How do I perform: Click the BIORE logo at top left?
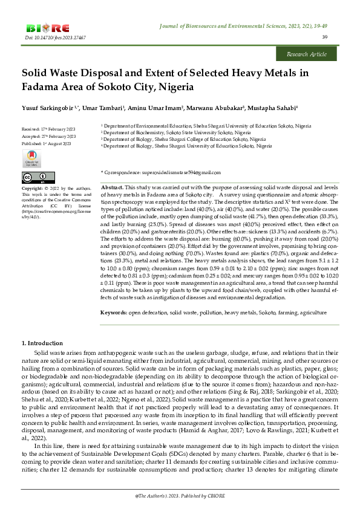(x=48, y=28)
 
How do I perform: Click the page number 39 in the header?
(x=325, y=37)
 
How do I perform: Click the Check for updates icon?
(x=32, y=159)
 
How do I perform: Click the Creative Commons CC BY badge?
(x=34, y=178)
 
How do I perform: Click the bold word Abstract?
(x=111, y=189)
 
